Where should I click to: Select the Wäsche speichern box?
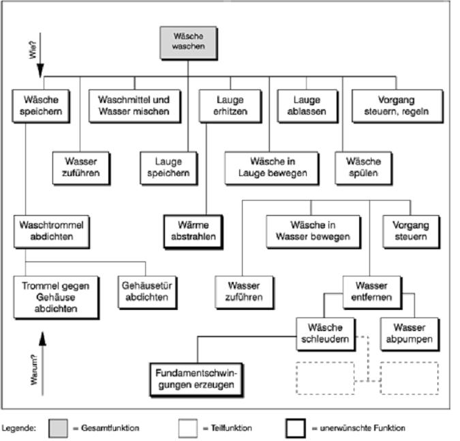coord(41,105)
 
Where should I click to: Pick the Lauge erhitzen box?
coord(221,105)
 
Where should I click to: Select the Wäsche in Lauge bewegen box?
coord(273,167)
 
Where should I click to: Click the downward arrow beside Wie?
coord(40,66)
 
